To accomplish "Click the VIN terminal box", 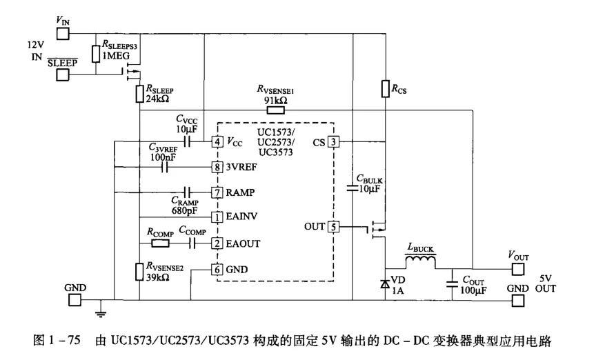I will [x=63, y=33].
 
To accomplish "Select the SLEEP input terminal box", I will [x=63, y=74].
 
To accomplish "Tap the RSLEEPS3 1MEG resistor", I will [x=97, y=54].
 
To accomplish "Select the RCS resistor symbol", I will [x=385, y=88].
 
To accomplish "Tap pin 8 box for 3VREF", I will [x=217, y=167].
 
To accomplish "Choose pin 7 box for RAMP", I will [x=217, y=192].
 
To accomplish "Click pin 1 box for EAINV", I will [x=217, y=217].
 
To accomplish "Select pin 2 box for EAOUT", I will [x=217, y=243].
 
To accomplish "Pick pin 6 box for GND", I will [x=217, y=269].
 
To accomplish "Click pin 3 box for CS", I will [x=333, y=142].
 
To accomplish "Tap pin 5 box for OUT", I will [x=333, y=226].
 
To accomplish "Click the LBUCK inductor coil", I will [x=420, y=261].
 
